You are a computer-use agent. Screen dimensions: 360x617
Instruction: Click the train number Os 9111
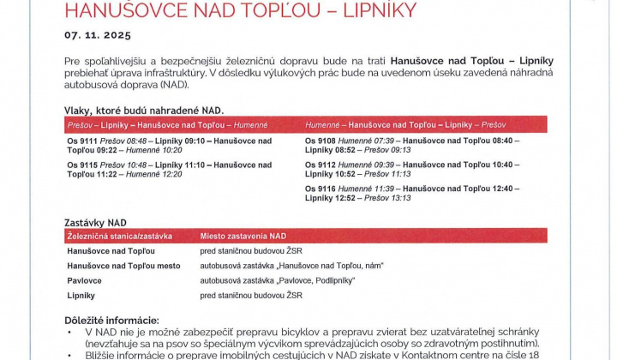point(81,140)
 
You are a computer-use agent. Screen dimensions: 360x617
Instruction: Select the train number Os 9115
point(81,164)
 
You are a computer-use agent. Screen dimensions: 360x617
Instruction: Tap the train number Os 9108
point(320,140)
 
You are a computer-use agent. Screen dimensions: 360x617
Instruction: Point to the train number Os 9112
point(320,164)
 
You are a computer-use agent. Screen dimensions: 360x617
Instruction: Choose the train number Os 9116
point(320,188)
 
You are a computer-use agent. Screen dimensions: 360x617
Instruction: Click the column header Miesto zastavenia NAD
point(243,236)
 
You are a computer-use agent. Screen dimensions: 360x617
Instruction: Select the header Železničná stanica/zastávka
point(119,236)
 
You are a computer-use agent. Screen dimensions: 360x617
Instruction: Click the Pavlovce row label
point(85,280)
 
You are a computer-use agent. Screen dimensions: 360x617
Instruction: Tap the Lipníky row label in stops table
point(81,295)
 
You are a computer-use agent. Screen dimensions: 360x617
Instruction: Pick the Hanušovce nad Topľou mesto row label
point(123,266)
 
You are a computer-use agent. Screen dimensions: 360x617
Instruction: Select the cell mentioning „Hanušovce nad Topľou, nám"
point(291,266)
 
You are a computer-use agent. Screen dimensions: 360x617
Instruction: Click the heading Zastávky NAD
point(95,222)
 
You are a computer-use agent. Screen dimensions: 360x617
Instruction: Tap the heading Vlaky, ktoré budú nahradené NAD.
point(143,111)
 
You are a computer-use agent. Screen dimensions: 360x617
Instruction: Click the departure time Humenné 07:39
point(367,140)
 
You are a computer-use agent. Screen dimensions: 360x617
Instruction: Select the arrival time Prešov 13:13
point(388,198)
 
